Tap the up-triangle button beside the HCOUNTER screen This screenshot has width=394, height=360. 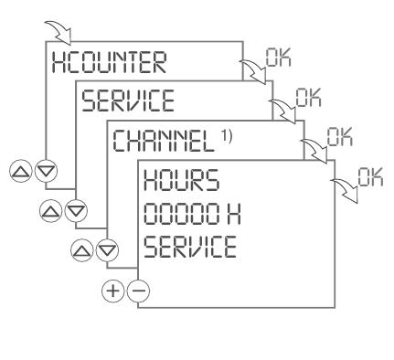pyautogui.click(x=17, y=170)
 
